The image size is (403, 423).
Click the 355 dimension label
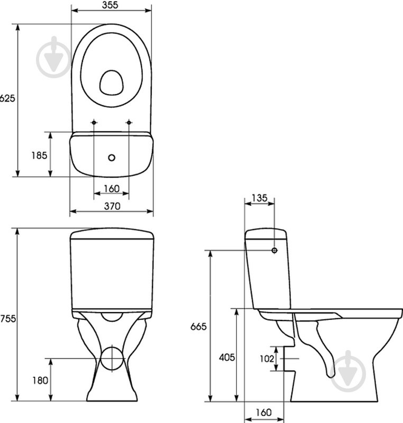[x=110, y=5]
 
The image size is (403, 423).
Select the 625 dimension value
[x=7, y=98]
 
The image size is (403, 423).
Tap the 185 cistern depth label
[x=39, y=155]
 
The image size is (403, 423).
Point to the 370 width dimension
[x=112, y=206]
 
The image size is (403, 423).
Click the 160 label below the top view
[x=112, y=189]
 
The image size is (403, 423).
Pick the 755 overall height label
[x=8, y=319]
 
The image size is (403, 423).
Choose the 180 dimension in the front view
[x=41, y=380]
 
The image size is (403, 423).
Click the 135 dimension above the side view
[x=260, y=198]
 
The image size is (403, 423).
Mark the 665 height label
[x=198, y=326]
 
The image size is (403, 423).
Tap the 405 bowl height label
[x=227, y=357]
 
